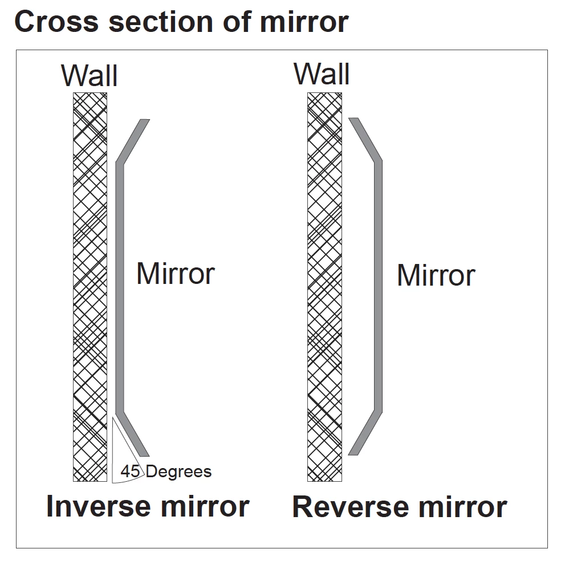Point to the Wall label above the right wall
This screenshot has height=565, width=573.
pyautogui.click(x=322, y=75)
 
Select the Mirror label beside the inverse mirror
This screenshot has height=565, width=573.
pyautogui.click(x=175, y=274)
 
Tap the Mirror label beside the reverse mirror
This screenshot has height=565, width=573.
pyautogui.click(x=436, y=276)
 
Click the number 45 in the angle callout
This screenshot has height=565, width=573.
pyautogui.click(x=130, y=472)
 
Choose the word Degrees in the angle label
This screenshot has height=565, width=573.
pyautogui.click(x=179, y=472)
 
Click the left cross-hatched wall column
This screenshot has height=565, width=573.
pyautogui.click(x=90, y=285)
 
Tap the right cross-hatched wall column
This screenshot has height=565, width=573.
pyautogui.click(x=324, y=285)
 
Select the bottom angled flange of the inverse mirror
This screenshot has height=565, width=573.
pyautogui.click(x=132, y=434)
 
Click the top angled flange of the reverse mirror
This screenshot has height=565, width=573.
pyautogui.click(x=365, y=140)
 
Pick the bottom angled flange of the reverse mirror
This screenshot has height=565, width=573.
pyautogui.click(x=365, y=432)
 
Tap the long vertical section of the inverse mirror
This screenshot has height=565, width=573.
pyautogui.click(x=120, y=285)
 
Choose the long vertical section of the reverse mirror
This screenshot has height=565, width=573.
pyautogui.click(x=377, y=285)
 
